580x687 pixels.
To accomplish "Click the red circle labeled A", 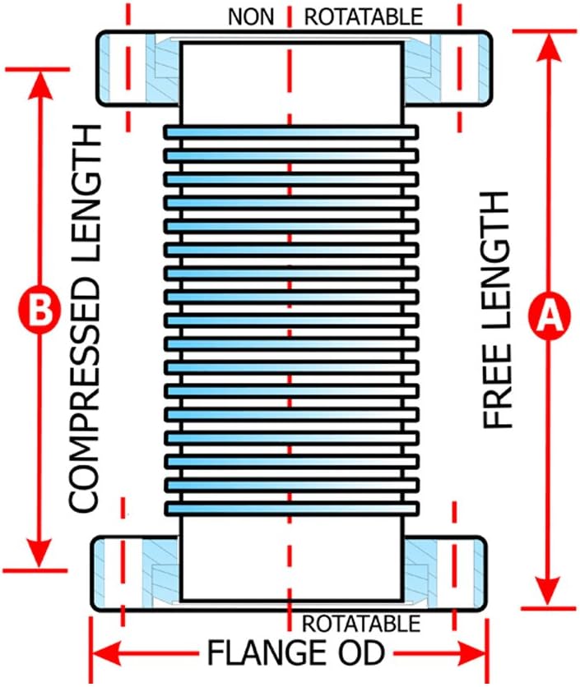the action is tap(550, 314).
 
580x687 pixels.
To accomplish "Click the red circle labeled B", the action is tap(39, 310).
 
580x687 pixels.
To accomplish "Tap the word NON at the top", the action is tap(251, 17).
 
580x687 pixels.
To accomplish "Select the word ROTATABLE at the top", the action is tap(364, 17).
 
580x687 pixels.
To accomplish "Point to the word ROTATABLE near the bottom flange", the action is tap(361, 624).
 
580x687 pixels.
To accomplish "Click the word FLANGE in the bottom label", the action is tap(267, 652).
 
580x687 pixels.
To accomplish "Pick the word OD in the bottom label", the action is tap(361, 652).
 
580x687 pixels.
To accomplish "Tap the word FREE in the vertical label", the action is tap(497, 385).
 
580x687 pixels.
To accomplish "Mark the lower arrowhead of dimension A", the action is tap(549, 592).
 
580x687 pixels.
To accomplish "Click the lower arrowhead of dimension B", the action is tap(40, 554).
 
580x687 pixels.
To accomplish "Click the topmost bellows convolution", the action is tap(291, 132).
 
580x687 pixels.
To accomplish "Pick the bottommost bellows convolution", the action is tap(291, 509).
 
